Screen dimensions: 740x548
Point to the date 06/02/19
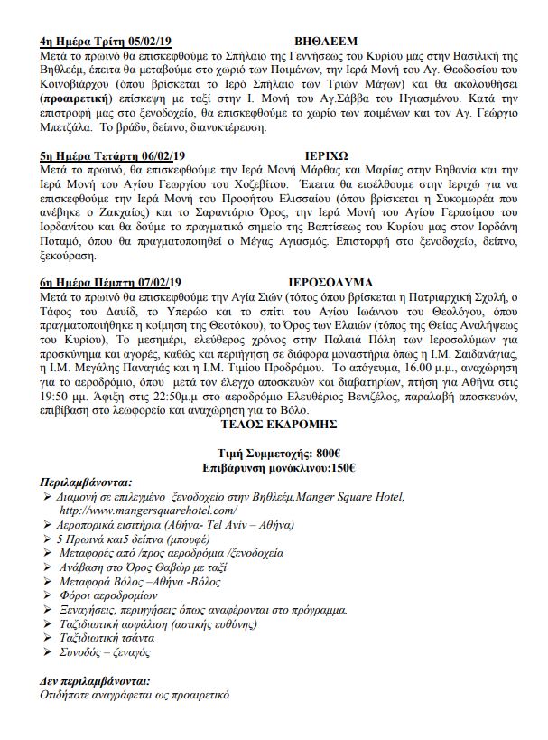click(164, 155)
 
